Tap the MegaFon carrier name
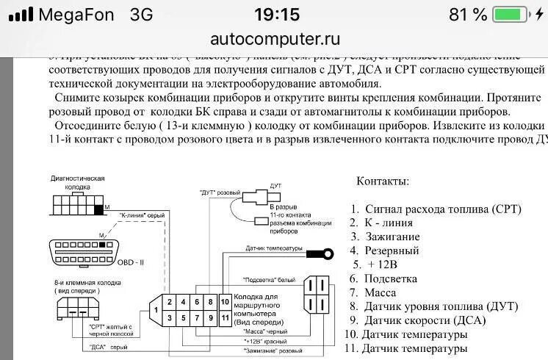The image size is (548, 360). (75, 15)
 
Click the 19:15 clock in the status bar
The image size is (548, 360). (277, 15)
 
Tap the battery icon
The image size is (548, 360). (511, 15)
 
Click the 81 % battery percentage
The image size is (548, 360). (469, 15)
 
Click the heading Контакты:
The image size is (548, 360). (383, 181)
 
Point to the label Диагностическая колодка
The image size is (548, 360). (78, 183)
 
